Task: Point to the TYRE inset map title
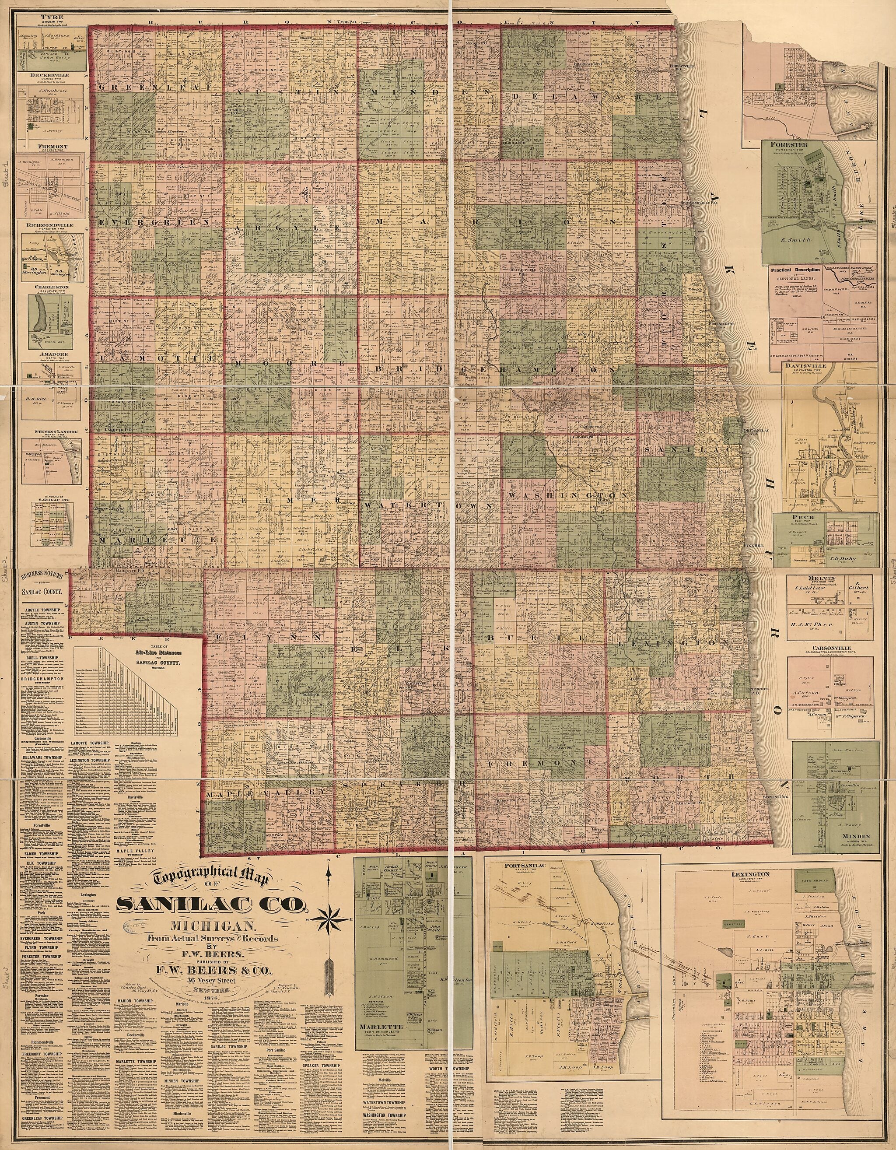pos(49,16)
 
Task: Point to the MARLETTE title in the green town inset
pos(381,1012)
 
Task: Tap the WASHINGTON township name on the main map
pos(567,496)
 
